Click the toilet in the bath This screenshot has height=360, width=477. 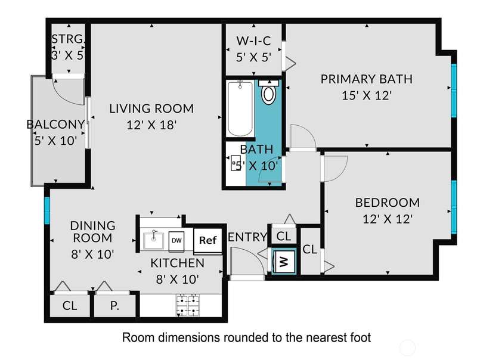268,92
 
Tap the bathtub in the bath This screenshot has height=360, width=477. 240,108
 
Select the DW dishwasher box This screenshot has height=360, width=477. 176,241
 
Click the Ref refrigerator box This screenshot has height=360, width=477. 207,241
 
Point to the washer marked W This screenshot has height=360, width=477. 284,261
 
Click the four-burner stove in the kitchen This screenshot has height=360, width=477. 188,305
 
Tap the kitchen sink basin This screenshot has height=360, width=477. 153,241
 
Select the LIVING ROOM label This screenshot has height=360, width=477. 151,108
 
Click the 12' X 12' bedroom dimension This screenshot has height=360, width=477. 388,219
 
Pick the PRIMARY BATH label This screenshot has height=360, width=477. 367,79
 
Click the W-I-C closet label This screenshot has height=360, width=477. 254,41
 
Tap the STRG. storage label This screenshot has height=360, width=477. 67,39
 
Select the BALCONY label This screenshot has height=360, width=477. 55,125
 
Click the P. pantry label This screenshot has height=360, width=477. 114,306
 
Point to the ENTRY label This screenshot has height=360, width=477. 247,237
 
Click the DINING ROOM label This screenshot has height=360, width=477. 93,232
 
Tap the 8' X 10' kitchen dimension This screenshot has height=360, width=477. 177,279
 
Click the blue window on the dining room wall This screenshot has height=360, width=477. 47,211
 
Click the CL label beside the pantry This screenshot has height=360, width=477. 70,306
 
